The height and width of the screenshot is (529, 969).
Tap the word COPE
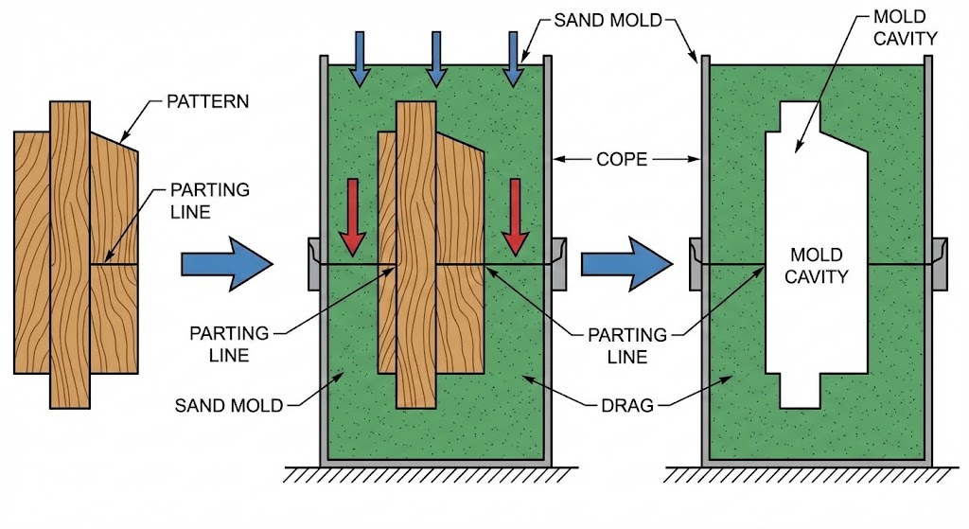point(623,160)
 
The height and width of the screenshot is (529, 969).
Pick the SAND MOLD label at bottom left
point(229,406)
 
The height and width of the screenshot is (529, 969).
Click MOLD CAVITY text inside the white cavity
point(819,266)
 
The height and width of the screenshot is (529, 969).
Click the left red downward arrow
point(352,216)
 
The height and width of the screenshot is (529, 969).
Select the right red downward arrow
point(514,216)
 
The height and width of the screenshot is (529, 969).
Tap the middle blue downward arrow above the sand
point(435,60)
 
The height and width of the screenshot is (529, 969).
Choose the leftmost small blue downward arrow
point(359,60)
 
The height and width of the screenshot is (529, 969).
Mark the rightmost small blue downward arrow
point(513,60)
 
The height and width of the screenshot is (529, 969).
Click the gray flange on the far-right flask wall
point(940,262)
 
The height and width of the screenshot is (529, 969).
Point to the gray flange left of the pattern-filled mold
point(314,264)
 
